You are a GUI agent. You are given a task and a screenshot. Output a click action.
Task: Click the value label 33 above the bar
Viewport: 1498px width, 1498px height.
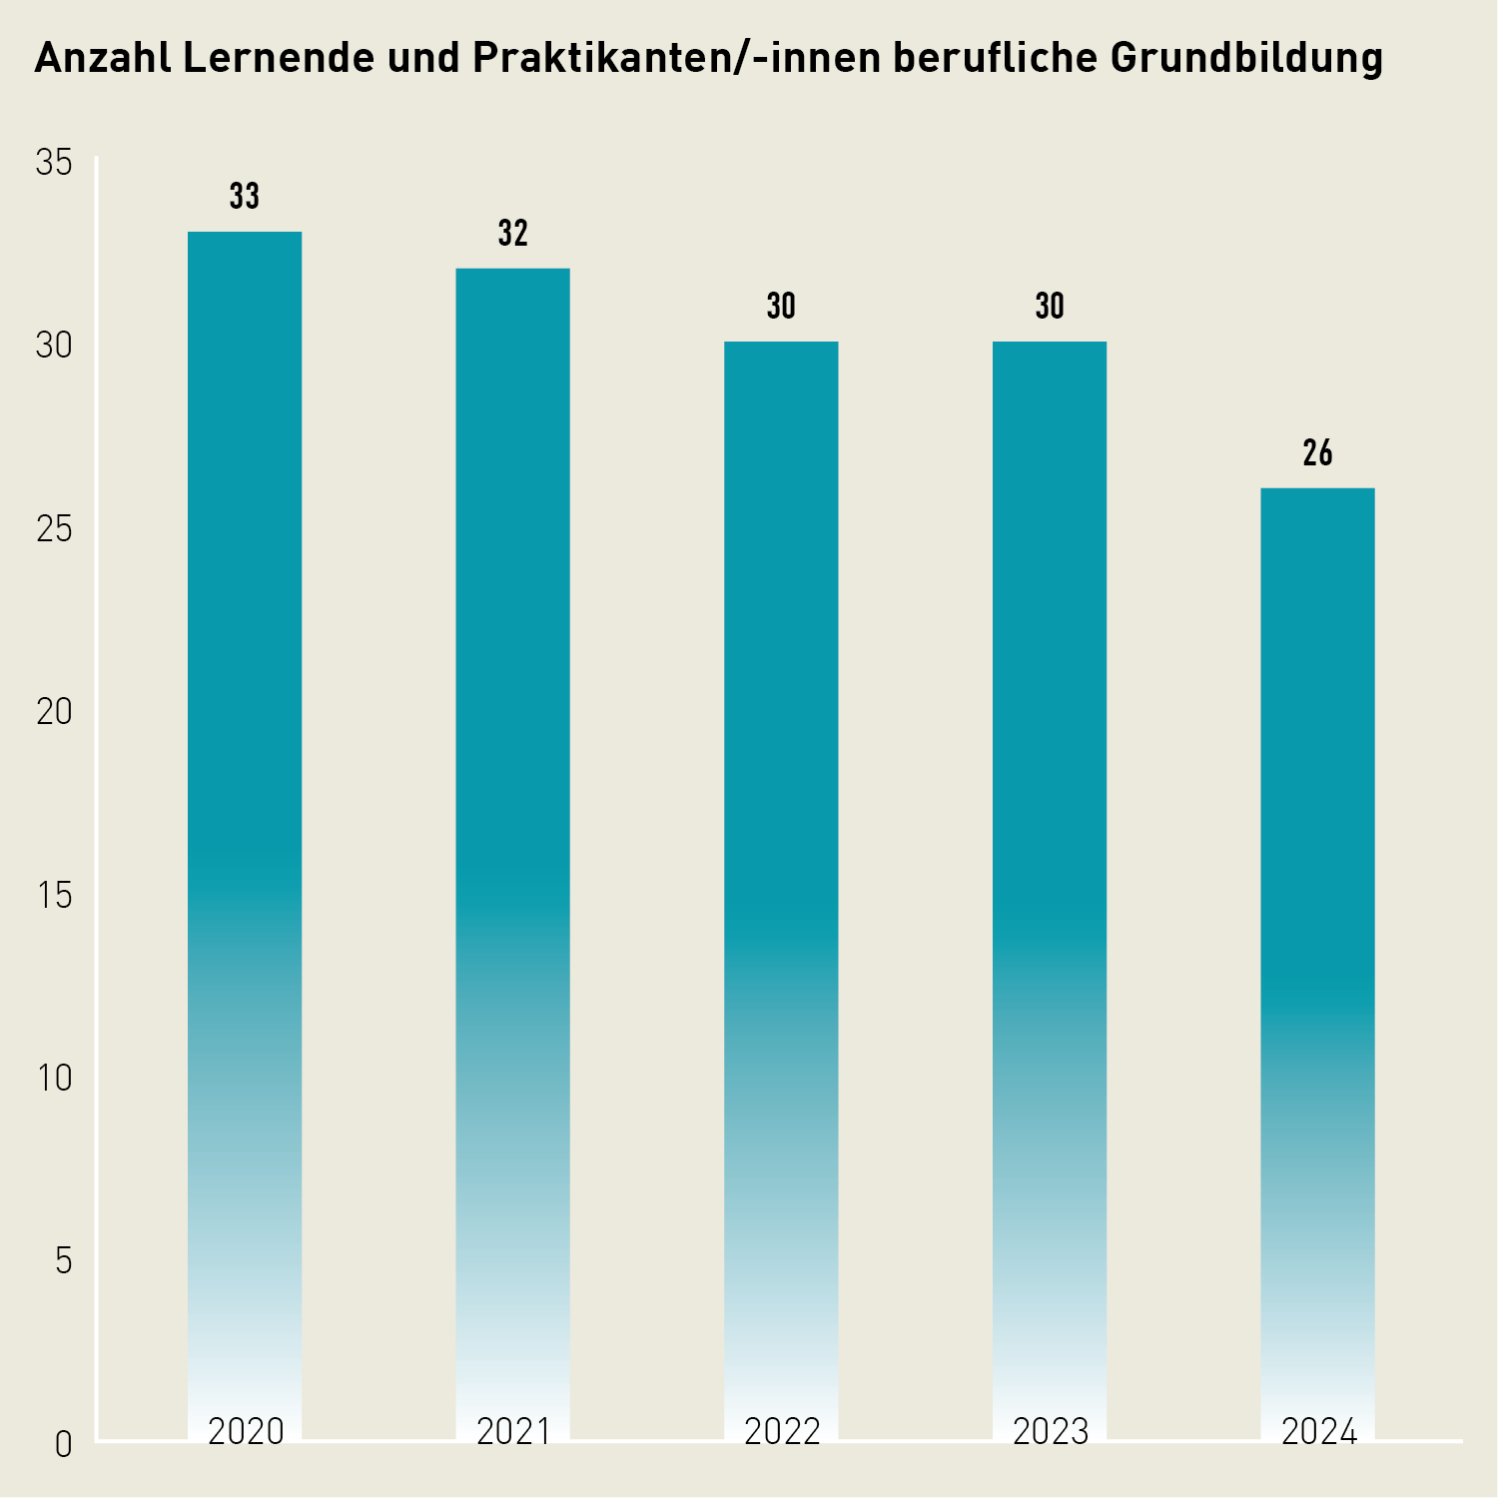tap(245, 197)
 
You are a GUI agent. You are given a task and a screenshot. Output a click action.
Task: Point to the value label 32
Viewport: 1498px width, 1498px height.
tap(512, 233)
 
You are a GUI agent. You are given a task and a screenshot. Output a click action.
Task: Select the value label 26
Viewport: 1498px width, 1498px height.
tap(1317, 453)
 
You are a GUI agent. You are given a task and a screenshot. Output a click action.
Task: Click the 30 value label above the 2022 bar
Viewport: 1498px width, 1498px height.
tap(781, 307)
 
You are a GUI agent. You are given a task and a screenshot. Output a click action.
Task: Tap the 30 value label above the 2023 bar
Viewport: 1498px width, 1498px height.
tap(1049, 307)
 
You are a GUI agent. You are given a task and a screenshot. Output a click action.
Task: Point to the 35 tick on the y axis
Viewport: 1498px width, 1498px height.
tap(54, 162)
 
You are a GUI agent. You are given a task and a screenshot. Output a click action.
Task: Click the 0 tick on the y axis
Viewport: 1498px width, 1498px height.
tap(63, 1444)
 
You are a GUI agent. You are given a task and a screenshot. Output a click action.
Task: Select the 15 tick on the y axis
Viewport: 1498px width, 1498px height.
tap(54, 895)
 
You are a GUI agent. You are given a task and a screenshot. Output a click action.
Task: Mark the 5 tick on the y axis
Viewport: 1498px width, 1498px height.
tap(63, 1261)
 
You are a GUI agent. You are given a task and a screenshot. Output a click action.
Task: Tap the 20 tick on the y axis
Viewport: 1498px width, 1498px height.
tap(54, 712)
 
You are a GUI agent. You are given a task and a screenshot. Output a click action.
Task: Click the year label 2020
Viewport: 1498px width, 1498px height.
tap(246, 1431)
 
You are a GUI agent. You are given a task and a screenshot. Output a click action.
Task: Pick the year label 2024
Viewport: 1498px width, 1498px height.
tap(1318, 1431)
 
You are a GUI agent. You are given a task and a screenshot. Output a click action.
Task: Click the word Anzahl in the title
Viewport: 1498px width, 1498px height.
tap(102, 58)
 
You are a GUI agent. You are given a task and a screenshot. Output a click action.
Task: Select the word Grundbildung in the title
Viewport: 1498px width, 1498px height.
tap(1245, 60)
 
